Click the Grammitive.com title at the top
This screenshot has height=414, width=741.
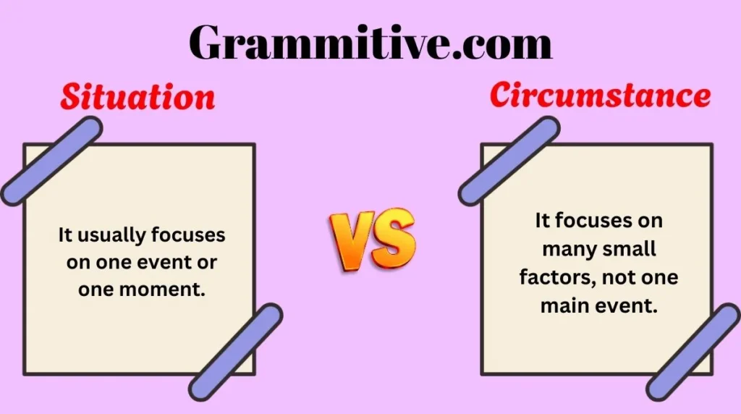[x=370, y=42]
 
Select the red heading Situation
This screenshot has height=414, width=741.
[x=137, y=97]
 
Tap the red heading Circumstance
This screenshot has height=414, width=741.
[x=600, y=96]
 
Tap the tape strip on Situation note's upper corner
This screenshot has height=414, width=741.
[x=51, y=160]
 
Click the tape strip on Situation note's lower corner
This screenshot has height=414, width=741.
[x=236, y=352]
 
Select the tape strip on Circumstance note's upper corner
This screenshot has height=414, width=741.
[x=509, y=160]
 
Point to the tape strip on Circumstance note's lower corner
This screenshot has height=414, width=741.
[x=693, y=352]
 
